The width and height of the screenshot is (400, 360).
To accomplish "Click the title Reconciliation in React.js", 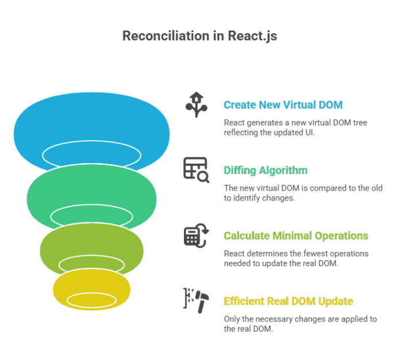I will [199, 36].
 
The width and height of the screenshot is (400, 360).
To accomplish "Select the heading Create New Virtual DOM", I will [283, 105].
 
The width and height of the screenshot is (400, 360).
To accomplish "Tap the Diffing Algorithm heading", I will [265, 171].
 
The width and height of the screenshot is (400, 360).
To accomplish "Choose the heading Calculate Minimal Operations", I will [295, 236].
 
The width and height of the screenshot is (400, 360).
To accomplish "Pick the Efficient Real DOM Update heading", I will [288, 301].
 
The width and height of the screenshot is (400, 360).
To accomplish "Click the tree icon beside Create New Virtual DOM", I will [195, 104].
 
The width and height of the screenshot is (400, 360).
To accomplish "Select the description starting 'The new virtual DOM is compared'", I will [303, 193].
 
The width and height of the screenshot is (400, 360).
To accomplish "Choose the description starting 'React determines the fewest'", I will [296, 258].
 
